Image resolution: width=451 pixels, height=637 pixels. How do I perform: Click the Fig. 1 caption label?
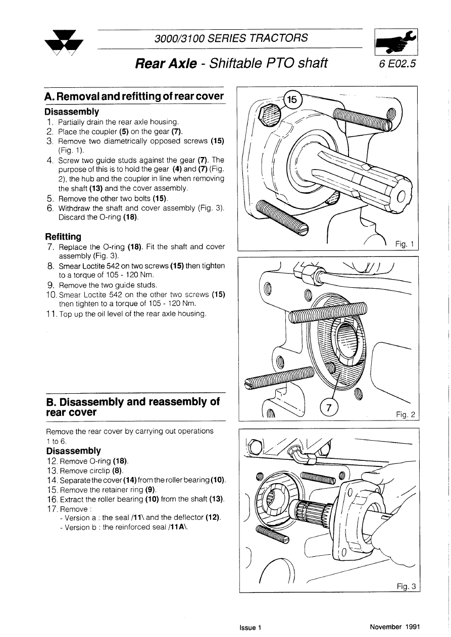[x=405, y=244]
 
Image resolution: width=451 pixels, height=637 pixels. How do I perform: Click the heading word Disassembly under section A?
[x=72, y=112]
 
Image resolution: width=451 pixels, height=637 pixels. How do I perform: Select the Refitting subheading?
[x=63, y=236]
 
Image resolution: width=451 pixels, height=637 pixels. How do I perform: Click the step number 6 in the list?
[x=50, y=208]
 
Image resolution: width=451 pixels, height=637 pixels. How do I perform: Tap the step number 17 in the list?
[x=52, y=509]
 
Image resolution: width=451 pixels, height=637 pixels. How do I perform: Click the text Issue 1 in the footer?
[x=250, y=628]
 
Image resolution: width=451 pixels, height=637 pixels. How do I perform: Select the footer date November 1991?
[x=394, y=627]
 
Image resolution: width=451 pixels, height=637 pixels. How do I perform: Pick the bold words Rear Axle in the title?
[x=166, y=64]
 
